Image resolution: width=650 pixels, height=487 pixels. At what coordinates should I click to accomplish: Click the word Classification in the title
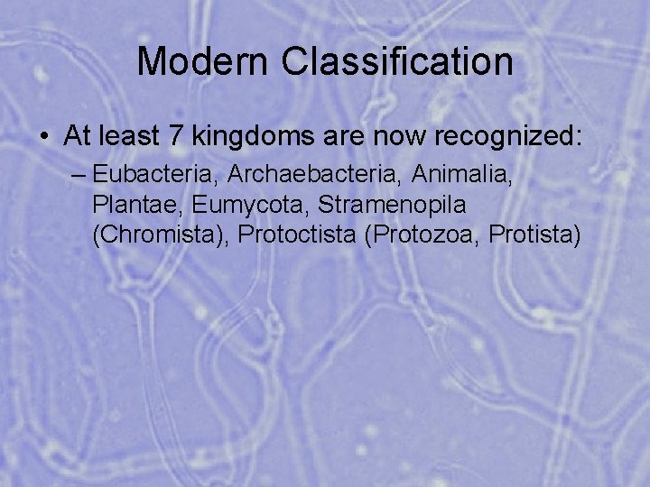398,62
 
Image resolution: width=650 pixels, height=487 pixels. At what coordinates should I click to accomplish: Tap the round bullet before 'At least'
43,137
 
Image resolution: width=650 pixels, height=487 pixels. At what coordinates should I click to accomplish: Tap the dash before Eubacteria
79,172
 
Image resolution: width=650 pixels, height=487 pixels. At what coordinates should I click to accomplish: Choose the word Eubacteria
154,172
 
